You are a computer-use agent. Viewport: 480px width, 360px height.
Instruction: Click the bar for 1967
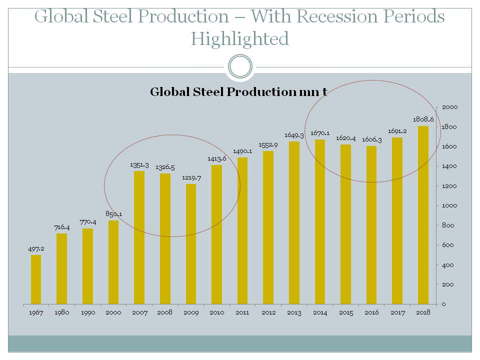[x=36, y=279]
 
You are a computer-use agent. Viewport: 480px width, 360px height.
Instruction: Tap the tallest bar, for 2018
[x=423, y=215]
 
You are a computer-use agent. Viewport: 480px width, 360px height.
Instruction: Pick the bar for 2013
[x=294, y=222]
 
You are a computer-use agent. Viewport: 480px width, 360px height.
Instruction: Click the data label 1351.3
[x=139, y=164]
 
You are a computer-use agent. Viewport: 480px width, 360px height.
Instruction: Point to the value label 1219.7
[x=191, y=177]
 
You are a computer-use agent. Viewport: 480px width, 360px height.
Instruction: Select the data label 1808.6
[x=423, y=119]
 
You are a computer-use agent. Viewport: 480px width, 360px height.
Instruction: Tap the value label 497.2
[x=36, y=248]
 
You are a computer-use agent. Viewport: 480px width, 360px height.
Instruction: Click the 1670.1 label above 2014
[x=319, y=133]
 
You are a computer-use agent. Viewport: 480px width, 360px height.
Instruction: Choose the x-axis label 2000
[x=113, y=312]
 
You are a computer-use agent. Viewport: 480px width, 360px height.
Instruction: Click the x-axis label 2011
[x=242, y=312]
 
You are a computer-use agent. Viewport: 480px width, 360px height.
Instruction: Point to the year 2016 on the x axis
[x=372, y=312]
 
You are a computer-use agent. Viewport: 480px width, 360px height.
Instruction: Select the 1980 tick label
[x=61, y=312]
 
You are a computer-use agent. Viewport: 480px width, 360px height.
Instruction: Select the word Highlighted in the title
[x=240, y=38]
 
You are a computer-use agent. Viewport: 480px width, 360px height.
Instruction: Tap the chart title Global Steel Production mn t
[x=238, y=92]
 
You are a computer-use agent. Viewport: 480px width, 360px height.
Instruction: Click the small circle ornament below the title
[x=240, y=66]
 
